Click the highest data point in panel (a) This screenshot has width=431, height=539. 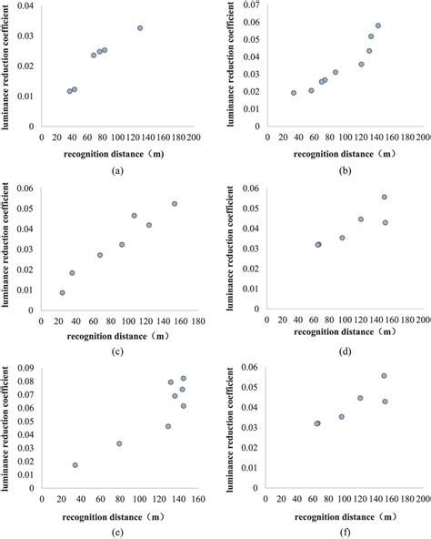click(x=140, y=28)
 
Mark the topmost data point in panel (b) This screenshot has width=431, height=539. click(x=378, y=26)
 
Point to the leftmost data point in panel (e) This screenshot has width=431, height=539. click(x=75, y=465)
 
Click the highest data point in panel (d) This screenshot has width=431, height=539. click(x=385, y=197)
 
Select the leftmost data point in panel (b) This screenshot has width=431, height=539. click(x=294, y=93)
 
